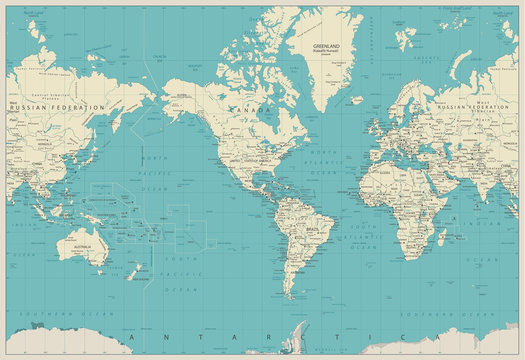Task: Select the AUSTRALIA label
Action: coord(82,245)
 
